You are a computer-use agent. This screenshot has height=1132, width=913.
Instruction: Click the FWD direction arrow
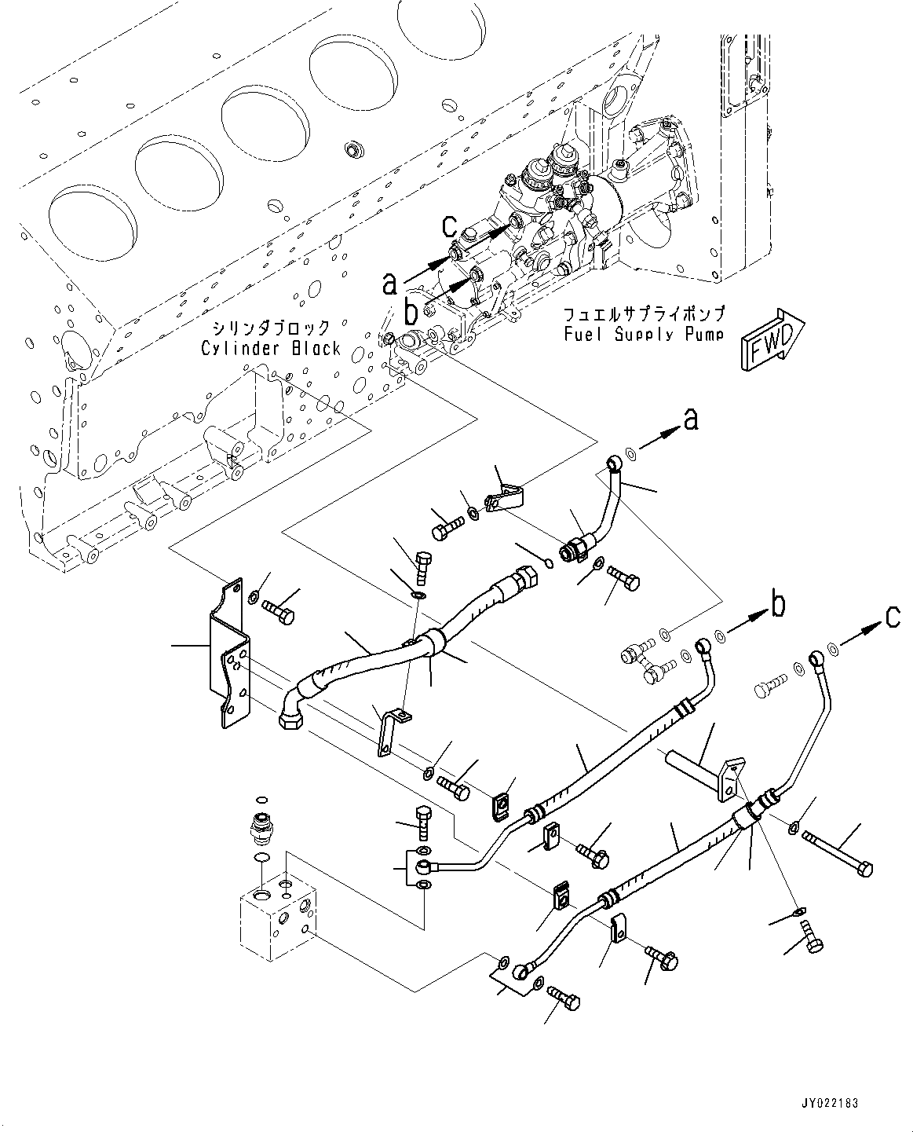769,339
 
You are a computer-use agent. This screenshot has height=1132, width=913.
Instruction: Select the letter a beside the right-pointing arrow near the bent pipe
690,421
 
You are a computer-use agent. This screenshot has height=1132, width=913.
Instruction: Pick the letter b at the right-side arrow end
777,605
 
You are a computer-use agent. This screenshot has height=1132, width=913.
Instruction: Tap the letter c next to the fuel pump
449,226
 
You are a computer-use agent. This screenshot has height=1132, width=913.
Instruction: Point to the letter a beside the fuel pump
389,283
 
